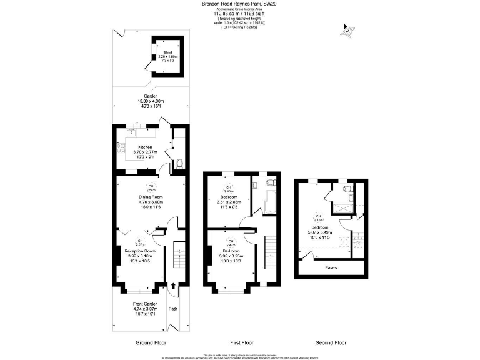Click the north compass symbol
347,29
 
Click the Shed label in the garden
167,52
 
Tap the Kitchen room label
145,147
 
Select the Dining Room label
150,197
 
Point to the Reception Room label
141,251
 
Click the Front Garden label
141,304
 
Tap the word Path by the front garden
174,309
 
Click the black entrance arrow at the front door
173,287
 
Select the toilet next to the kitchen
179,164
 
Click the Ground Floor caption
151,343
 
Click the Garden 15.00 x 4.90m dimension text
150,101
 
